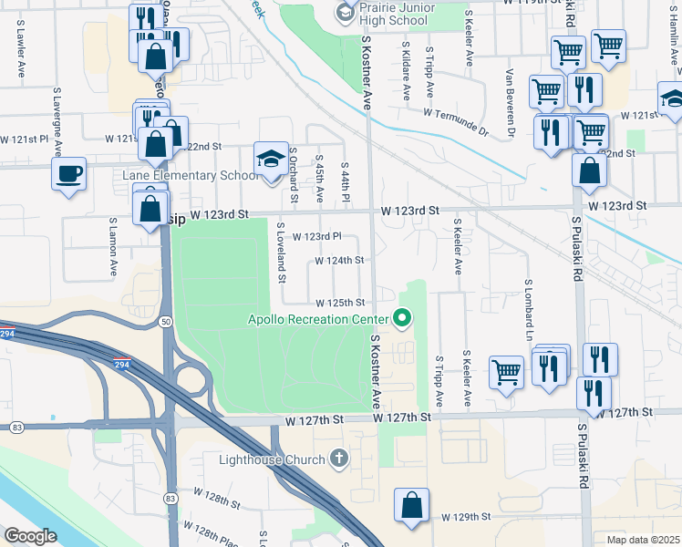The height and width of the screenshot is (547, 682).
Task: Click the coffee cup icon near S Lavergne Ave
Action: (68, 173)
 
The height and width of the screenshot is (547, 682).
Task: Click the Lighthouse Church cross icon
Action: (339, 458)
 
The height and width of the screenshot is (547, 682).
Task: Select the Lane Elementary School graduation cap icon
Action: (270, 160)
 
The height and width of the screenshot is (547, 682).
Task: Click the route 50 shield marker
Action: (166, 322)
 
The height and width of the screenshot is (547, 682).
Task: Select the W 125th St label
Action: (340, 303)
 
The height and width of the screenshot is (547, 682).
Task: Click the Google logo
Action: (30, 536)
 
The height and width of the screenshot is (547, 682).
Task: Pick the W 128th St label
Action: (216, 502)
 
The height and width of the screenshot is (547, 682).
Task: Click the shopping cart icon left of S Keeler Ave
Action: (506, 370)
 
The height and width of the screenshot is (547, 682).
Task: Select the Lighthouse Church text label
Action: (273, 459)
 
